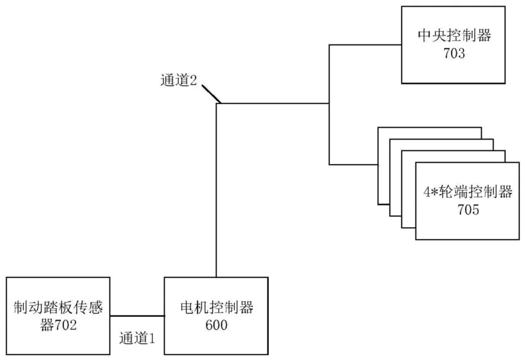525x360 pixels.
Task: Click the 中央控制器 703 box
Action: click(x=454, y=46)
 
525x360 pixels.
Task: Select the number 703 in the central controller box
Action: click(x=454, y=54)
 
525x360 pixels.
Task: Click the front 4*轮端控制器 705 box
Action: click(x=467, y=200)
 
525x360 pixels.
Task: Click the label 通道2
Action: click(x=179, y=81)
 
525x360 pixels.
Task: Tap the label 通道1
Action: click(x=137, y=338)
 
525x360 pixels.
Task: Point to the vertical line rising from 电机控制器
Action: click(x=216, y=188)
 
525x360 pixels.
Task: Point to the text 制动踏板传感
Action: click(x=57, y=307)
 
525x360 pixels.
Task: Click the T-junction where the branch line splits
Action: click(x=330, y=103)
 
